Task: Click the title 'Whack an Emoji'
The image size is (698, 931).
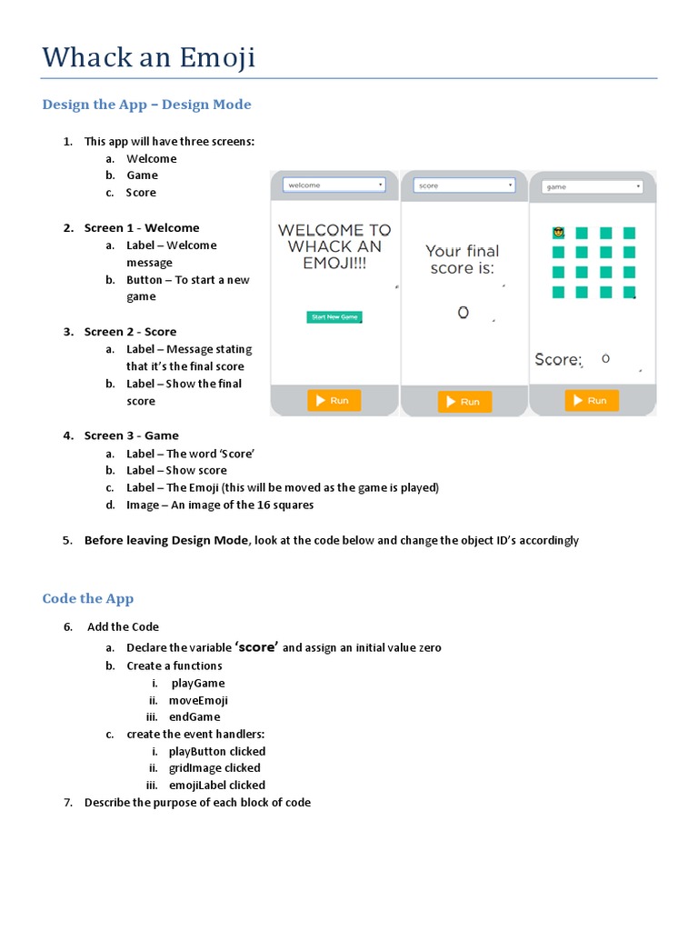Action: (149, 58)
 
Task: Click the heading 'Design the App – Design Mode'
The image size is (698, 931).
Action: (146, 105)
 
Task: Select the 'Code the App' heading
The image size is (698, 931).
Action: (88, 598)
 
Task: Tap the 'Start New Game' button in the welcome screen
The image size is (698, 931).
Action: (334, 317)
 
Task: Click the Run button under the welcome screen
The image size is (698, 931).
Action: (334, 400)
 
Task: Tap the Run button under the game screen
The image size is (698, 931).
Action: (592, 400)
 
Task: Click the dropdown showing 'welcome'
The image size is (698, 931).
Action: (334, 185)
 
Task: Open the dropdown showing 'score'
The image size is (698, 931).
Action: (465, 185)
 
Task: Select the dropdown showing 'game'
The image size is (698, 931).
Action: (593, 186)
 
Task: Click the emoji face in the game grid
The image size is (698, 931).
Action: (558, 234)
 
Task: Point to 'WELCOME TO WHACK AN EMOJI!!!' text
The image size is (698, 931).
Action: (334, 246)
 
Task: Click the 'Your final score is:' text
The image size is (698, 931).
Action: (463, 259)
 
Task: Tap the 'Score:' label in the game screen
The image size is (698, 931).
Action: (558, 360)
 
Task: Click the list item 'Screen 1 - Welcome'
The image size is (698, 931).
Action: (142, 228)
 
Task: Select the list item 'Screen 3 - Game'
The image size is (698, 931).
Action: (132, 435)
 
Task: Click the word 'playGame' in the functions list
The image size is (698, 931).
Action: (198, 684)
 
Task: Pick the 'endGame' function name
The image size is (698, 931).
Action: (194, 717)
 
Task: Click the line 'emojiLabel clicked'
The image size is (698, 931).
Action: (217, 786)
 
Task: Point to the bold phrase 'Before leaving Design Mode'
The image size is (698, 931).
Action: (165, 540)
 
